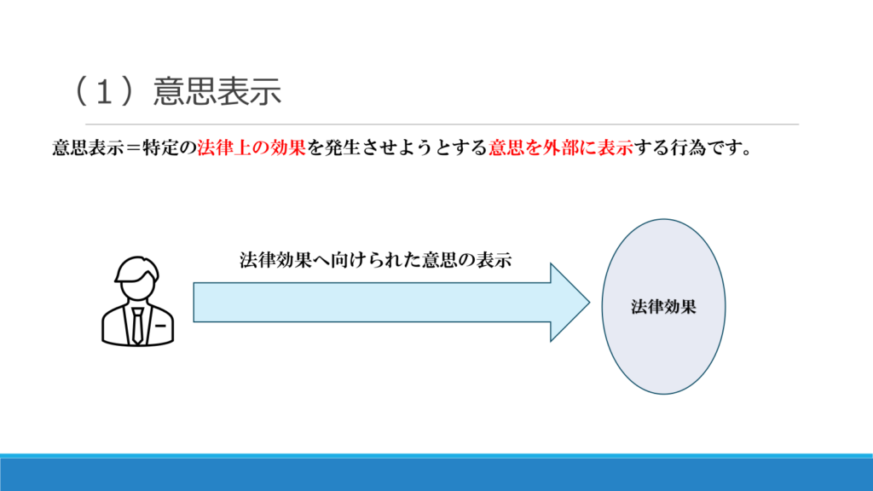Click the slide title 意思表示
(217, 92)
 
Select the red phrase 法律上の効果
(251, 147)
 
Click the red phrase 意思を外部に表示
(561, 147)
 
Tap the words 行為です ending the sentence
(706, 147)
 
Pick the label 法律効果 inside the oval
(664, 307)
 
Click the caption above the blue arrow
(376, 261)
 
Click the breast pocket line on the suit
(160, 326)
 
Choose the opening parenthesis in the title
(81, 92)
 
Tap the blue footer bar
(436, 473)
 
